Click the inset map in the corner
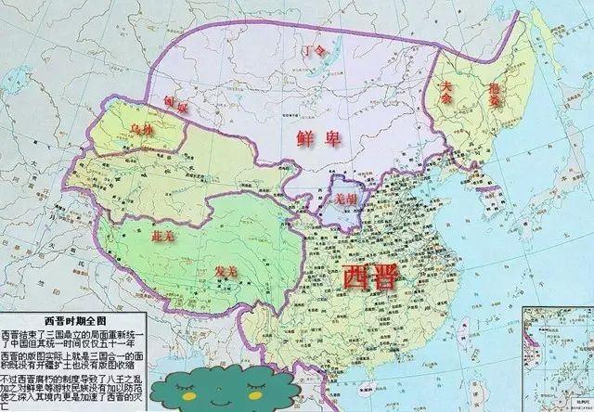[x=557, y=358]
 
